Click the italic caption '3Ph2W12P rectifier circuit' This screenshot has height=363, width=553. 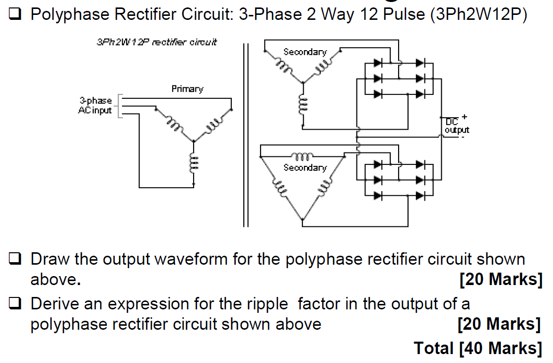pyautogui.click(x=156, y=43)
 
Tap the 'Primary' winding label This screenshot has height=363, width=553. pyautogui.click(x=187, y=89)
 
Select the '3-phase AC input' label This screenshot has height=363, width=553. pyautogui.click(x=95, y=105)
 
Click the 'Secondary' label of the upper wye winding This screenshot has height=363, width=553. pyautogui.click(x=305, y=52)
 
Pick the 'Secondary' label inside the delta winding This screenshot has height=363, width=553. pyautogui.click(x=305, y=168)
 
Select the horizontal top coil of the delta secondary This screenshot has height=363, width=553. pyautogui.click(x=301, y=156)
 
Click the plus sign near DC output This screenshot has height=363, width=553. pyautogui.click(x=464, y=117)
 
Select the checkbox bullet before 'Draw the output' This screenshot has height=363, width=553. pyautogui.click(x=16, y=259)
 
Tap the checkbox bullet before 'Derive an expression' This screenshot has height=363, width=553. pyautogui.click(x=16, y=304)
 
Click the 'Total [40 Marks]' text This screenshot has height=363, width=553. pyautogui.click(x=478, y=348)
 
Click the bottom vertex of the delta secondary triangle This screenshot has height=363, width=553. pyautogui.click(x=302, y=218)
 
